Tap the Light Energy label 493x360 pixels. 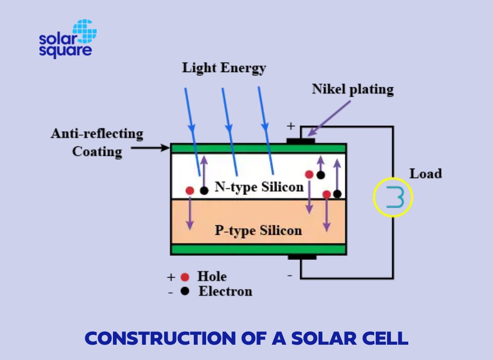224,68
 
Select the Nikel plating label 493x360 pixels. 352,89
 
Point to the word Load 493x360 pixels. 425,174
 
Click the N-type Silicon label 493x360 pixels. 259,187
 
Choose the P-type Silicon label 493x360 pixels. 258,230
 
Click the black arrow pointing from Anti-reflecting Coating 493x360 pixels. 150,147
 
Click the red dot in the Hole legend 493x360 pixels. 185,277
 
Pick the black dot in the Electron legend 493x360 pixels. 185,291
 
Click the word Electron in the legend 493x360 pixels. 225,291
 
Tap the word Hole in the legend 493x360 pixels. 212,276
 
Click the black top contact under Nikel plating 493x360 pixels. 301,141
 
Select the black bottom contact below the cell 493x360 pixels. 302,257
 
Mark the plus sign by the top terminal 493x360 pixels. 291,126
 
